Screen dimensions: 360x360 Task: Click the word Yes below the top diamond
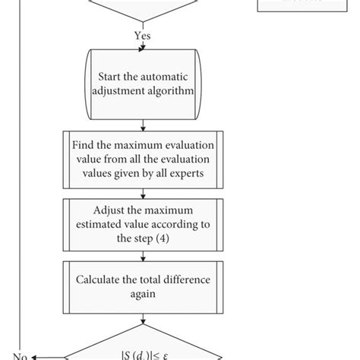(x=141, y=35)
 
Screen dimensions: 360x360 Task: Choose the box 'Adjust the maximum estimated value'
(x=142, y=225)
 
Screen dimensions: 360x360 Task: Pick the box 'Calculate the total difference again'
(x=142, y=286)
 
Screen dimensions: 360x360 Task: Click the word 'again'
(x=142, y=293)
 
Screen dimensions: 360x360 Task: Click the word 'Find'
(x=85, y=146)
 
